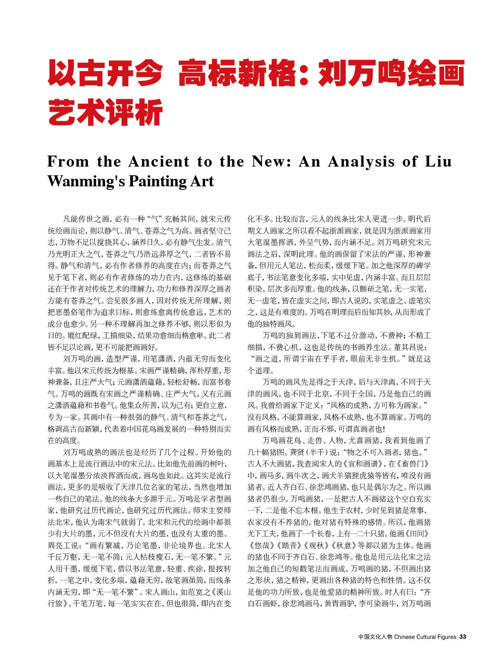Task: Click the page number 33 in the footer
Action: [463, 636]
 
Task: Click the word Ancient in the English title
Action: [159, 161]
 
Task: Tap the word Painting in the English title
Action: [157, 181]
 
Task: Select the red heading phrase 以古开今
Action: [105, 73]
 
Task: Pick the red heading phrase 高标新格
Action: [237, 73]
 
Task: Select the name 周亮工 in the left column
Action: [62, 546]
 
